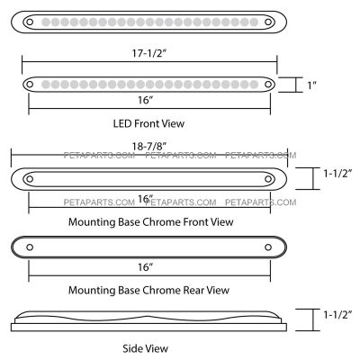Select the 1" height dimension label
[x=311, y=85]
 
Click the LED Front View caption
[x=148, y=123]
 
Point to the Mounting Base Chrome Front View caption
[x=151, y=222]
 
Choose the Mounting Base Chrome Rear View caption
[x=148, y=290]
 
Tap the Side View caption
[x=145, y=348]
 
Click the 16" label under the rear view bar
[x=146, y=267]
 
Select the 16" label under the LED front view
[x=146, y=100]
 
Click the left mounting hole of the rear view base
[x=30, y=247]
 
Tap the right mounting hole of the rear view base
[x=268, y=247]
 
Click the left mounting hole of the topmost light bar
[x=30, y=22]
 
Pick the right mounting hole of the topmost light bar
[x=268, y=22]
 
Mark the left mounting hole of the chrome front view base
[x=30, y=179]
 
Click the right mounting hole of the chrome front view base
[x=268, y=179]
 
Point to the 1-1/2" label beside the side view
[x=337, y=314]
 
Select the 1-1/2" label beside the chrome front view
[x=337, y=173]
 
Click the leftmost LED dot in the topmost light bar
[x=46, y=22]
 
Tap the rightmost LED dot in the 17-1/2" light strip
[x=254, y=85]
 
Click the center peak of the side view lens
[x=147, y=316]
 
